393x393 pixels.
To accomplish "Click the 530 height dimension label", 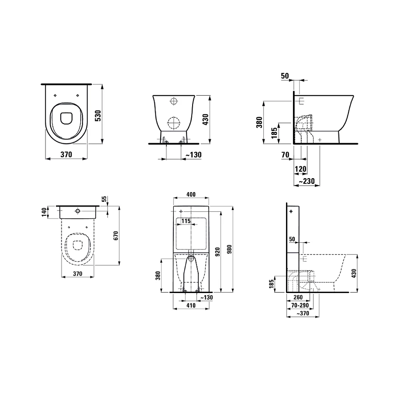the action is [x=98, y=116].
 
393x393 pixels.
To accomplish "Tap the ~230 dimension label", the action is [x=307, y=181].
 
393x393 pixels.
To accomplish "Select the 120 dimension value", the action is [x=300, y=169].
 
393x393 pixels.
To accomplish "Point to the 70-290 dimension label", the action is [x=300, y=305].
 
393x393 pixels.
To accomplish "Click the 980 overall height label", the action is [x=229, y=249].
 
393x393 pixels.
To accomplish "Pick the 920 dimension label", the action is [x=217, y=252].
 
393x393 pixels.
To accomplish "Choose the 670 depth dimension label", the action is [x=116, y=236].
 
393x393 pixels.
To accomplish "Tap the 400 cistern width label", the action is [x=191, y=194].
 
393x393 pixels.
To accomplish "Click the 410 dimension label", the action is [x=191, y=305].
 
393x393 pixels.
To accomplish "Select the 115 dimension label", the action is [x=186, y=221].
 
